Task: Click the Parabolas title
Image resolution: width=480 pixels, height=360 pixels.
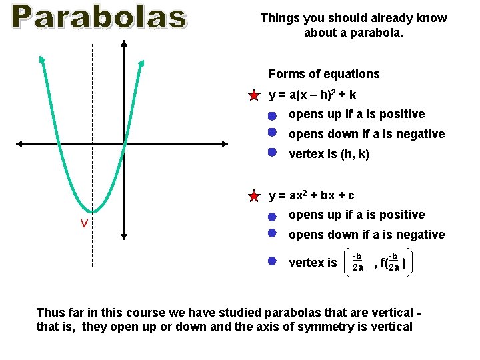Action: (x=99, y=17)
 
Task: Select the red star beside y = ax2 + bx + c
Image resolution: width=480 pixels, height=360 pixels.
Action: (x=253, y=196)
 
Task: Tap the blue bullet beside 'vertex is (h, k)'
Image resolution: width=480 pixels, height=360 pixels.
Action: (x=272, y=151)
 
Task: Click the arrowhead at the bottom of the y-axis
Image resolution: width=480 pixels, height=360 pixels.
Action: (x=124, y=235)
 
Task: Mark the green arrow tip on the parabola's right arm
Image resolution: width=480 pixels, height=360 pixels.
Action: (x=141, y=63)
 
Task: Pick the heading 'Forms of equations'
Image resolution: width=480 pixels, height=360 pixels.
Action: (x=324, y=74)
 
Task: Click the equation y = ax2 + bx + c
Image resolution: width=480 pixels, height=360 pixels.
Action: (x=311, y=195)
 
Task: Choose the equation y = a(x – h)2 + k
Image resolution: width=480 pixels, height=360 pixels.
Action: (x=312, y=95)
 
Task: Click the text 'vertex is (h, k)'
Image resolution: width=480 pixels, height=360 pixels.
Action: (x=329, y=154)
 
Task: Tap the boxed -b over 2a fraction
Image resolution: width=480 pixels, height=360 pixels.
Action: (x=357, y=262)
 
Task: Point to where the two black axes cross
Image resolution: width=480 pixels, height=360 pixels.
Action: (x=124, y=143)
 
